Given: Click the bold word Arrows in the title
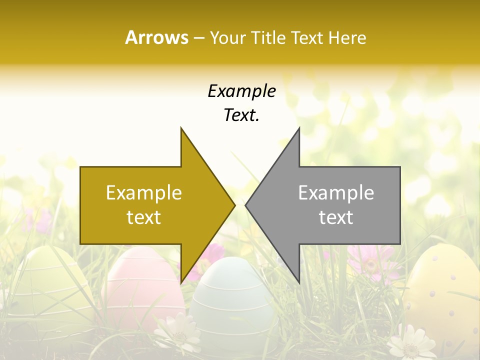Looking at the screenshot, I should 156,37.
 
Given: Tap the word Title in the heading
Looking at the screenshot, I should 267,37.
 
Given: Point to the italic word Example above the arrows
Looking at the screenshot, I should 241,91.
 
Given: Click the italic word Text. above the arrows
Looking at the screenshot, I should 241,115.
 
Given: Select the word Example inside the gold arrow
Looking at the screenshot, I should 143,192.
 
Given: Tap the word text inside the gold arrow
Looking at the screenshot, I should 143,217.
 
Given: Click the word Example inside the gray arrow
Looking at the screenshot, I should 336,192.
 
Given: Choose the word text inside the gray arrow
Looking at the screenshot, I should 336,217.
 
